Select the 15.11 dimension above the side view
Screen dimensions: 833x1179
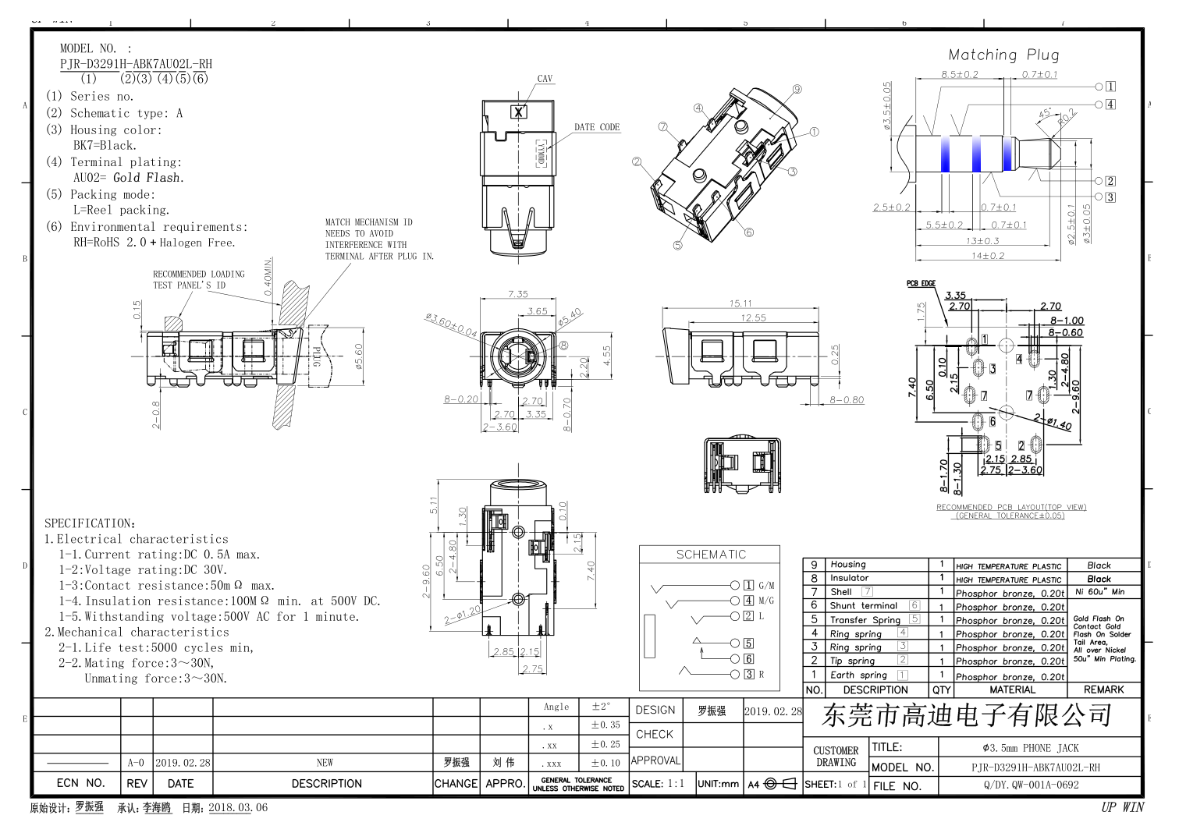tap(740, 303)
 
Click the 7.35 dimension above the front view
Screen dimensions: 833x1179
tap(518, 294)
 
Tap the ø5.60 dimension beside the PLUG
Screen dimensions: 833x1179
tap(359, 358)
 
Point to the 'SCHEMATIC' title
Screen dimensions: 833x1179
tap(711, 555)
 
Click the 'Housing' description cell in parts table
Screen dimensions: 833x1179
tap(848, 564)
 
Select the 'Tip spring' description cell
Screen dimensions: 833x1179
tap(852, 661)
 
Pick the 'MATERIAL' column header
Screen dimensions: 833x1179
tap(1012, 689)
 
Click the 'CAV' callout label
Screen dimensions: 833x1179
tap(545, 79)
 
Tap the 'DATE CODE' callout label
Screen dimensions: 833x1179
tap(597, 127)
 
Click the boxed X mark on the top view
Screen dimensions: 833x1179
tap(519, 112)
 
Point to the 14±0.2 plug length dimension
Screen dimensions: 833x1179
tap(988, 256)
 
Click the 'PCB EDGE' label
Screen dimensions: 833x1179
tap(921, 283)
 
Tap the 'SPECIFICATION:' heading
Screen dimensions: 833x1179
tap(90, 523)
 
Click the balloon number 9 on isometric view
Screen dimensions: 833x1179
tap(797, 89)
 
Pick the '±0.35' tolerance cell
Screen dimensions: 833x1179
tap(605, 725)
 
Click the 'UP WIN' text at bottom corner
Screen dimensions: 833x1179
tap(1122, 807)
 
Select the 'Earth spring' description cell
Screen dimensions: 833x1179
tap(858, 675)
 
